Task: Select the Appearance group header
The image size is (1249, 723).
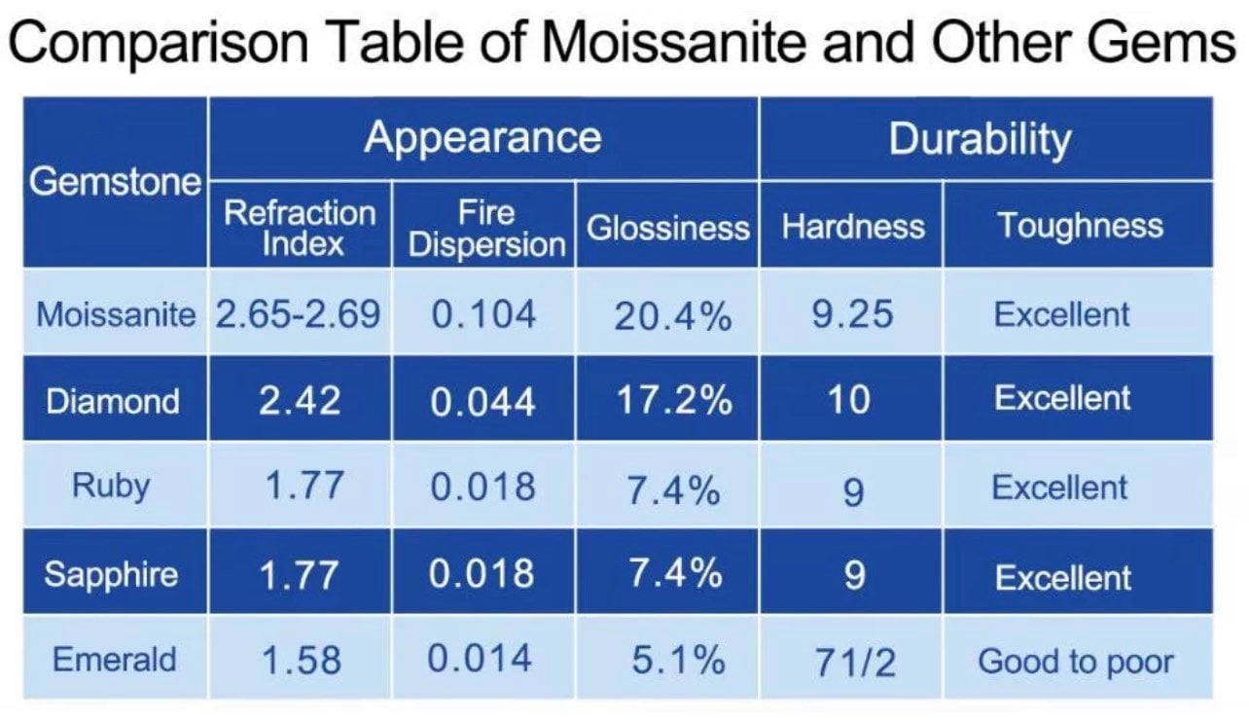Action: [482, 137]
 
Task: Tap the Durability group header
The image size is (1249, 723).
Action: [980, 139]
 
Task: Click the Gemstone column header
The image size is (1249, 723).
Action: [115, 182]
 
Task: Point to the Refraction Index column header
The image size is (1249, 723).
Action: [300, 227]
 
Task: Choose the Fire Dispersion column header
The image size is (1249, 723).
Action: [486, 229]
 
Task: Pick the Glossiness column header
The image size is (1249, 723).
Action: [667, 228]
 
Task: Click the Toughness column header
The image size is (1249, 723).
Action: [1080, 226]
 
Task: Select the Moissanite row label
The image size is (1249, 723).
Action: [115, 314]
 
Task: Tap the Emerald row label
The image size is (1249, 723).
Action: [115, 660]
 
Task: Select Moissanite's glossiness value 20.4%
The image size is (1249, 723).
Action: [672, 315]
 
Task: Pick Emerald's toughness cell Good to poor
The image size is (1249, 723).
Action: [1075, 662]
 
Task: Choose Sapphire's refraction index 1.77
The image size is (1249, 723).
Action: [300, 575]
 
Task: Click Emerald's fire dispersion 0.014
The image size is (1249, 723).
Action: [481, 660]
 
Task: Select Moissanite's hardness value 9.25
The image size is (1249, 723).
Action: [852, 314]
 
